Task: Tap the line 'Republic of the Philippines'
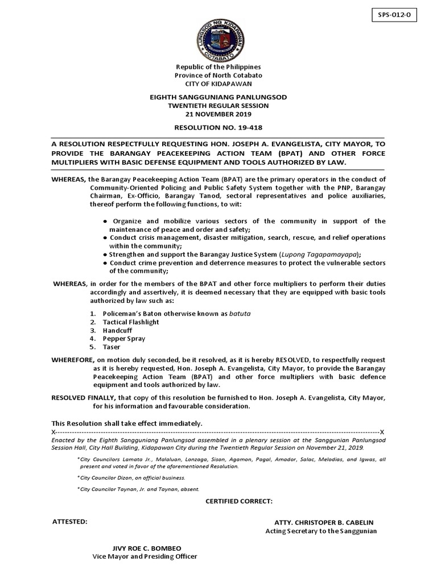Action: click(218, 67)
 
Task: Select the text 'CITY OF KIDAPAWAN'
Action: click(218, 83)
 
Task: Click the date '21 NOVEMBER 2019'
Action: click(218, 114)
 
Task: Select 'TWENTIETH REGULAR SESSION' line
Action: click(218, 106)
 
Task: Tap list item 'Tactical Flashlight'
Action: click(131, 322)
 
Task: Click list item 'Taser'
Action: click(112, 347)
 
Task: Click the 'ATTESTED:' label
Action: click(70, 521)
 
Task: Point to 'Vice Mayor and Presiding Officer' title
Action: click(145, 556)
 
